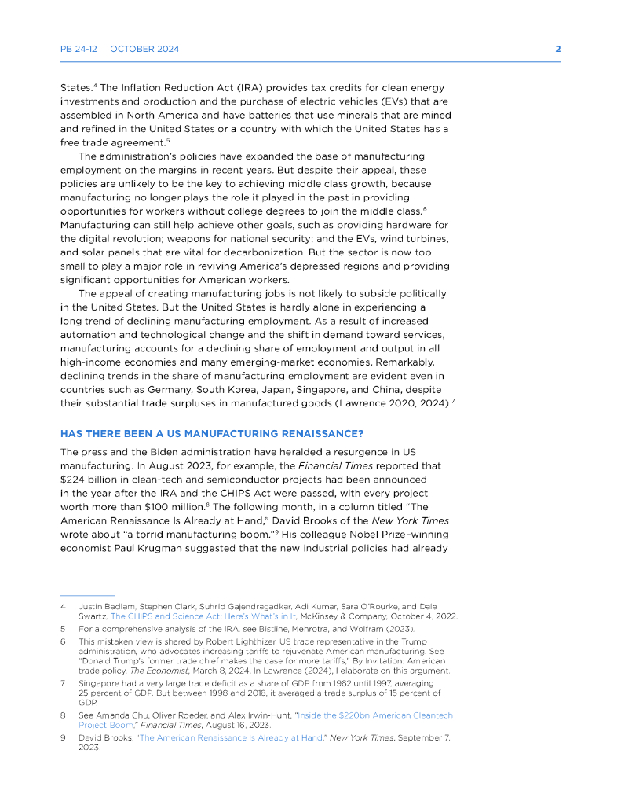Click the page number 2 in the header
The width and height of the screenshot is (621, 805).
[557, 49]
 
